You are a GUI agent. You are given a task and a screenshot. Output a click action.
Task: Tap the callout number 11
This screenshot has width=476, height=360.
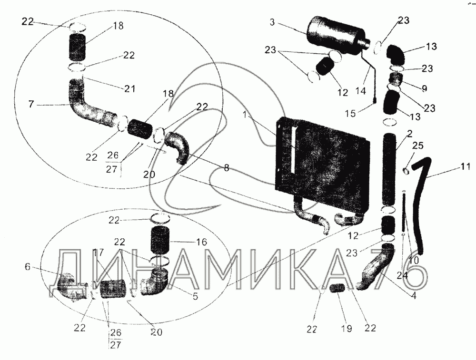tap(465, 167)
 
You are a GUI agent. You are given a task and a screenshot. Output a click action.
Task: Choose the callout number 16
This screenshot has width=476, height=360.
tap(201, 242)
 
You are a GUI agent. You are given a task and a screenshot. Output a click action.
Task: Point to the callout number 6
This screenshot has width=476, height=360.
tap(27, 268)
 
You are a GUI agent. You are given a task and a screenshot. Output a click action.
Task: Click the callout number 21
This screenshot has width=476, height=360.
tap(129, 88)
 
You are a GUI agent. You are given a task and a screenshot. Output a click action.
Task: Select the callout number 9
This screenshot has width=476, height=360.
tap(424, 88)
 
